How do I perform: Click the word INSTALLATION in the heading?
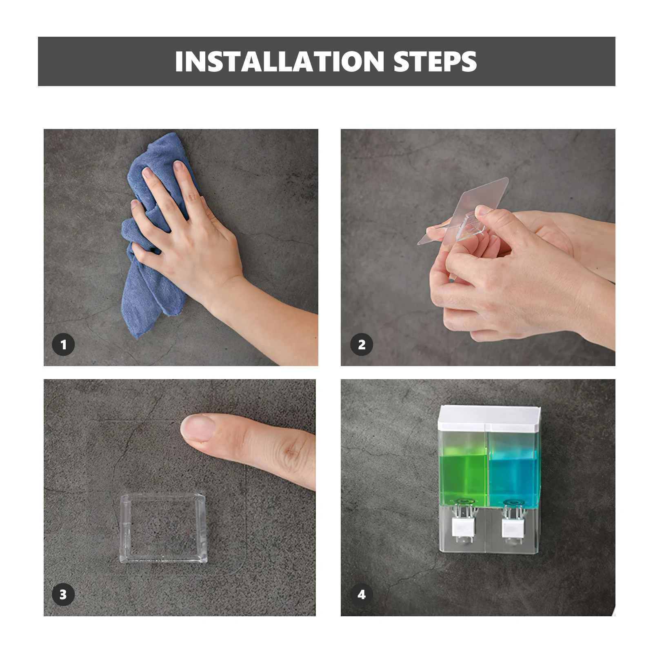pos(280,62)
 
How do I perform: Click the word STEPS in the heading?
pos(435,62)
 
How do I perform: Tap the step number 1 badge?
pos(63,345)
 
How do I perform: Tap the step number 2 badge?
pos(362,345)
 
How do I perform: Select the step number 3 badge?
pos(63,595)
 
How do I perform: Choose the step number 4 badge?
pos(362,595)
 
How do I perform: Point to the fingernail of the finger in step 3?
pos(198,428)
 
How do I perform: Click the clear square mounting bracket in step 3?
pos(163,528)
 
